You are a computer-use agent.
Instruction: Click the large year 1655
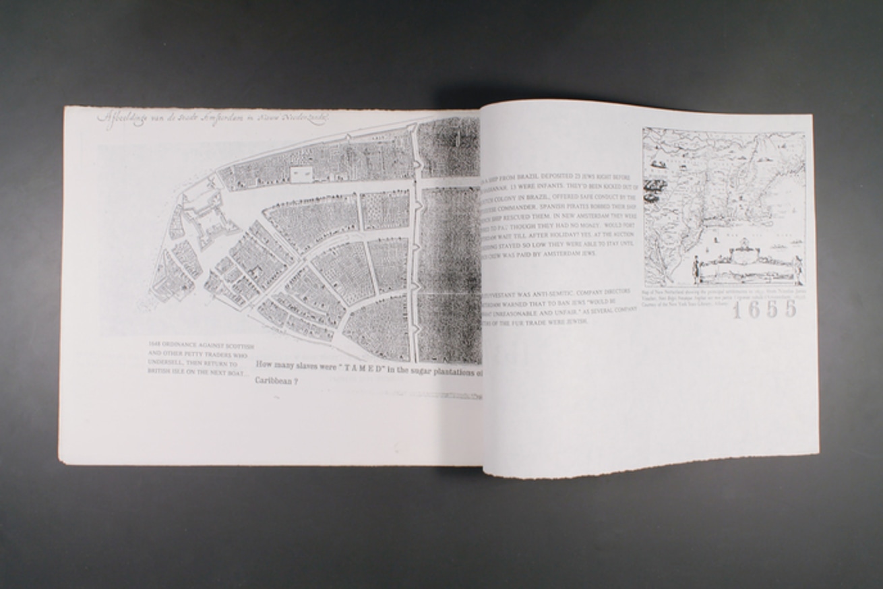[x=764, y=309]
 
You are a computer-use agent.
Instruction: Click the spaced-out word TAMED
[x=351, y=368]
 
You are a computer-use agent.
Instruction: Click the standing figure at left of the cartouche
[x=694, y=271]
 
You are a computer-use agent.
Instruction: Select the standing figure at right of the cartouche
[x=797, y=270]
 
